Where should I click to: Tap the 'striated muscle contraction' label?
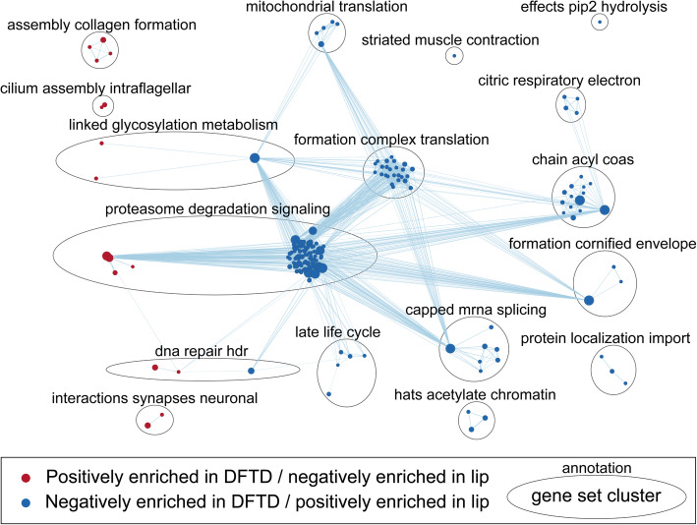[450, 40]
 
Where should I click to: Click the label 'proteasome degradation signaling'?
[232, 208]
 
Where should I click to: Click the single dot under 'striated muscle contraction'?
[454, 56]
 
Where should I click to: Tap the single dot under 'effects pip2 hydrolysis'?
[600, 22]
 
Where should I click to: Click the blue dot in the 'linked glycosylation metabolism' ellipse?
[255, 158]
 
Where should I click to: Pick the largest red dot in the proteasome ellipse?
[107, 257]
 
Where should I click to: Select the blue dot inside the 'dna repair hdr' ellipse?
[252, 371]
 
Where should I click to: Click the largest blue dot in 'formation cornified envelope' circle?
[589, 300]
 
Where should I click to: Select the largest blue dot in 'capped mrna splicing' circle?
[450, 348]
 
